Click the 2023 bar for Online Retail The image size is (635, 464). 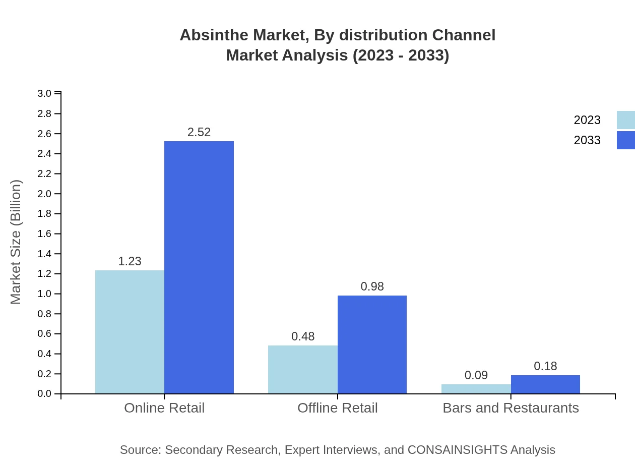pyautogui.click(x=130, y=332)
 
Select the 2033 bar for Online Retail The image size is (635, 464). pyautogui.click(x=199, y=267)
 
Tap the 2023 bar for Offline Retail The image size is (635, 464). pyautogui.click(x=303, y=369)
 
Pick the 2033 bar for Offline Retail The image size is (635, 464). pyautogui.click(x=372, y=344)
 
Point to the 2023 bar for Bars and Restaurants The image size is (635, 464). pyautogui.click(x=476, y=389)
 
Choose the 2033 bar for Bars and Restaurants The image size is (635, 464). pyautogui.click(x=545, y=384)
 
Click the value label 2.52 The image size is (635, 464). pyautogui.click(x=199, y=132)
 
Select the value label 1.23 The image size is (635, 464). pyautogui.click(x=130, y=261)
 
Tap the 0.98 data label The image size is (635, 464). pyautogui.click(x=372, y=286)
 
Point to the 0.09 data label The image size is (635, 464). pyautogui.click(x=476, y=375)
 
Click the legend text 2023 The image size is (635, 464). pyautogui.click(x=587, y=120)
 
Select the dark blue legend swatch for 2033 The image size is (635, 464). pyautogui.click(x=625, y=140)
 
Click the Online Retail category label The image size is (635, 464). pyautogui.click(x=164, y=408)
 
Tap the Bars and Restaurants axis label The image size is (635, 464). pyautogui.click(x=511, y=408)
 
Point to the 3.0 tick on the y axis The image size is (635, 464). pyautogui.click(x=45, y=94)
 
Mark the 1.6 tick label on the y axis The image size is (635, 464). pyautogui.click(x=45, y=234)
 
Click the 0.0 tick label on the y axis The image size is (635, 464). pyautogui.click(x=45, y=394)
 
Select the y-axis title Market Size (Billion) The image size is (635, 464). pyautogui.click(x=16, y=242)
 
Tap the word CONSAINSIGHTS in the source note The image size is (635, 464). pyautogui.click(x=457, y=450)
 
